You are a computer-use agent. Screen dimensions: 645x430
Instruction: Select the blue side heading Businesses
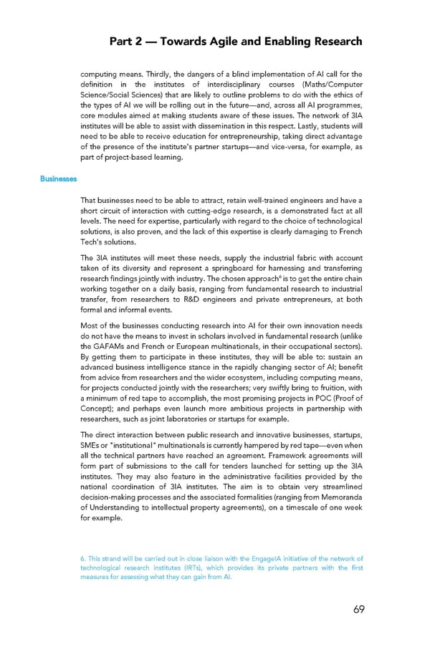(x=58, y=178)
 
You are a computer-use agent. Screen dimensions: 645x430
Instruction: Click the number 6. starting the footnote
(x=84, y=558)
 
